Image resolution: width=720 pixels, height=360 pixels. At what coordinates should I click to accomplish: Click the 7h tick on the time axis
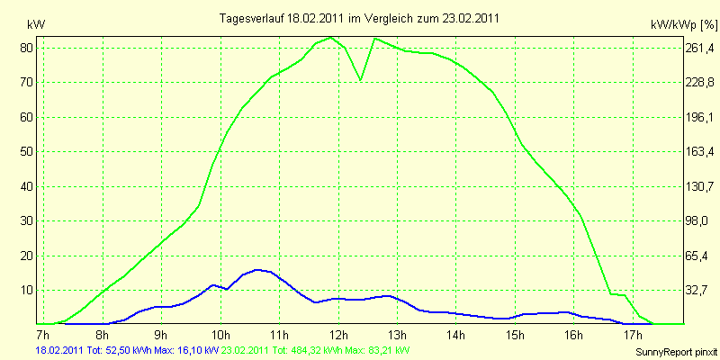pyautogui.click(x=41, y=335)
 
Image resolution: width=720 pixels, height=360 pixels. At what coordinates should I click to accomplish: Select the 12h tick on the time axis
pyautogui.click(x=338, y=335)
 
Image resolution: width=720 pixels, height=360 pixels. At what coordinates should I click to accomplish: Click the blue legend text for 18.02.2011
pyautogui.click(x=126, y=350)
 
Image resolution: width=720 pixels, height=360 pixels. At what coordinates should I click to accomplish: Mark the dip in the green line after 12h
pyautogui.click(x=361, y=79)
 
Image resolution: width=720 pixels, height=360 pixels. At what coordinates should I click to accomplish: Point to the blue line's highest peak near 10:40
pyautogui.click(x=258, y=269)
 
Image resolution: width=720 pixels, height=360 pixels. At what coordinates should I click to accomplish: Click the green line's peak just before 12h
pyautogui.click(x=331, y=38)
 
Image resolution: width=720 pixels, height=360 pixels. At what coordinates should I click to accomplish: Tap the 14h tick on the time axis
pyautogui.click(x=456, y=335)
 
